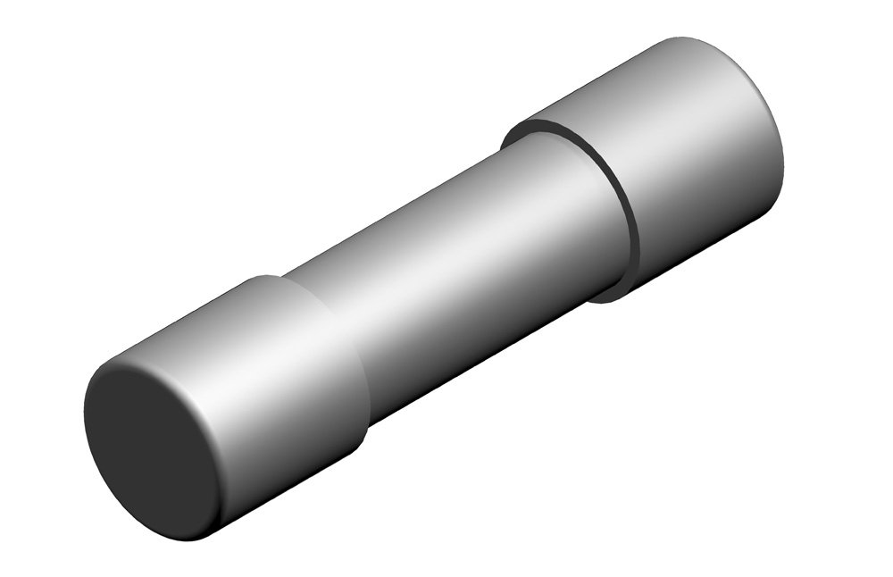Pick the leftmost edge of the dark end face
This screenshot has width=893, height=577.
click(x=86, y=420)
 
